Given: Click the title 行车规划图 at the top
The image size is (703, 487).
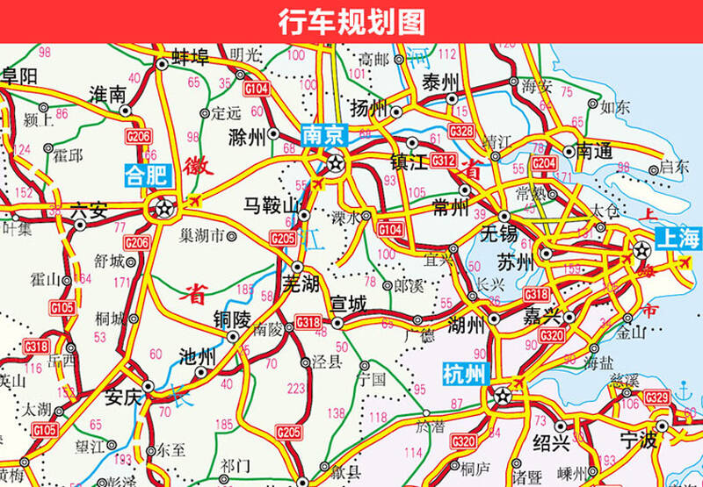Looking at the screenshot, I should (351, 20).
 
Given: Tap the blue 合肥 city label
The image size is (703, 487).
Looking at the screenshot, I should (146, 174).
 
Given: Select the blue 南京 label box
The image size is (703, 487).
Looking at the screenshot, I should (324, 134).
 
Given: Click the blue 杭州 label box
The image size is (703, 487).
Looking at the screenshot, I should (463, 376).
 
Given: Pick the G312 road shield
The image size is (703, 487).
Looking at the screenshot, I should (443, 160).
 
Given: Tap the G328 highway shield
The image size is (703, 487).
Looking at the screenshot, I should (462, 131).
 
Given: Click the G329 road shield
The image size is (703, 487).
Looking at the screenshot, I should (656, 398).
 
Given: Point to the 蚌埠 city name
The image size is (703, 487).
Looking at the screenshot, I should (190, 59).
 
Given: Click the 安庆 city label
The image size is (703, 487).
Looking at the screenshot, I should (123, 397).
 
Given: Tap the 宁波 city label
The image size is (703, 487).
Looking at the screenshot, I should (638, 439).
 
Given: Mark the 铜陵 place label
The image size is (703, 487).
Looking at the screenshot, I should (233, 319).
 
